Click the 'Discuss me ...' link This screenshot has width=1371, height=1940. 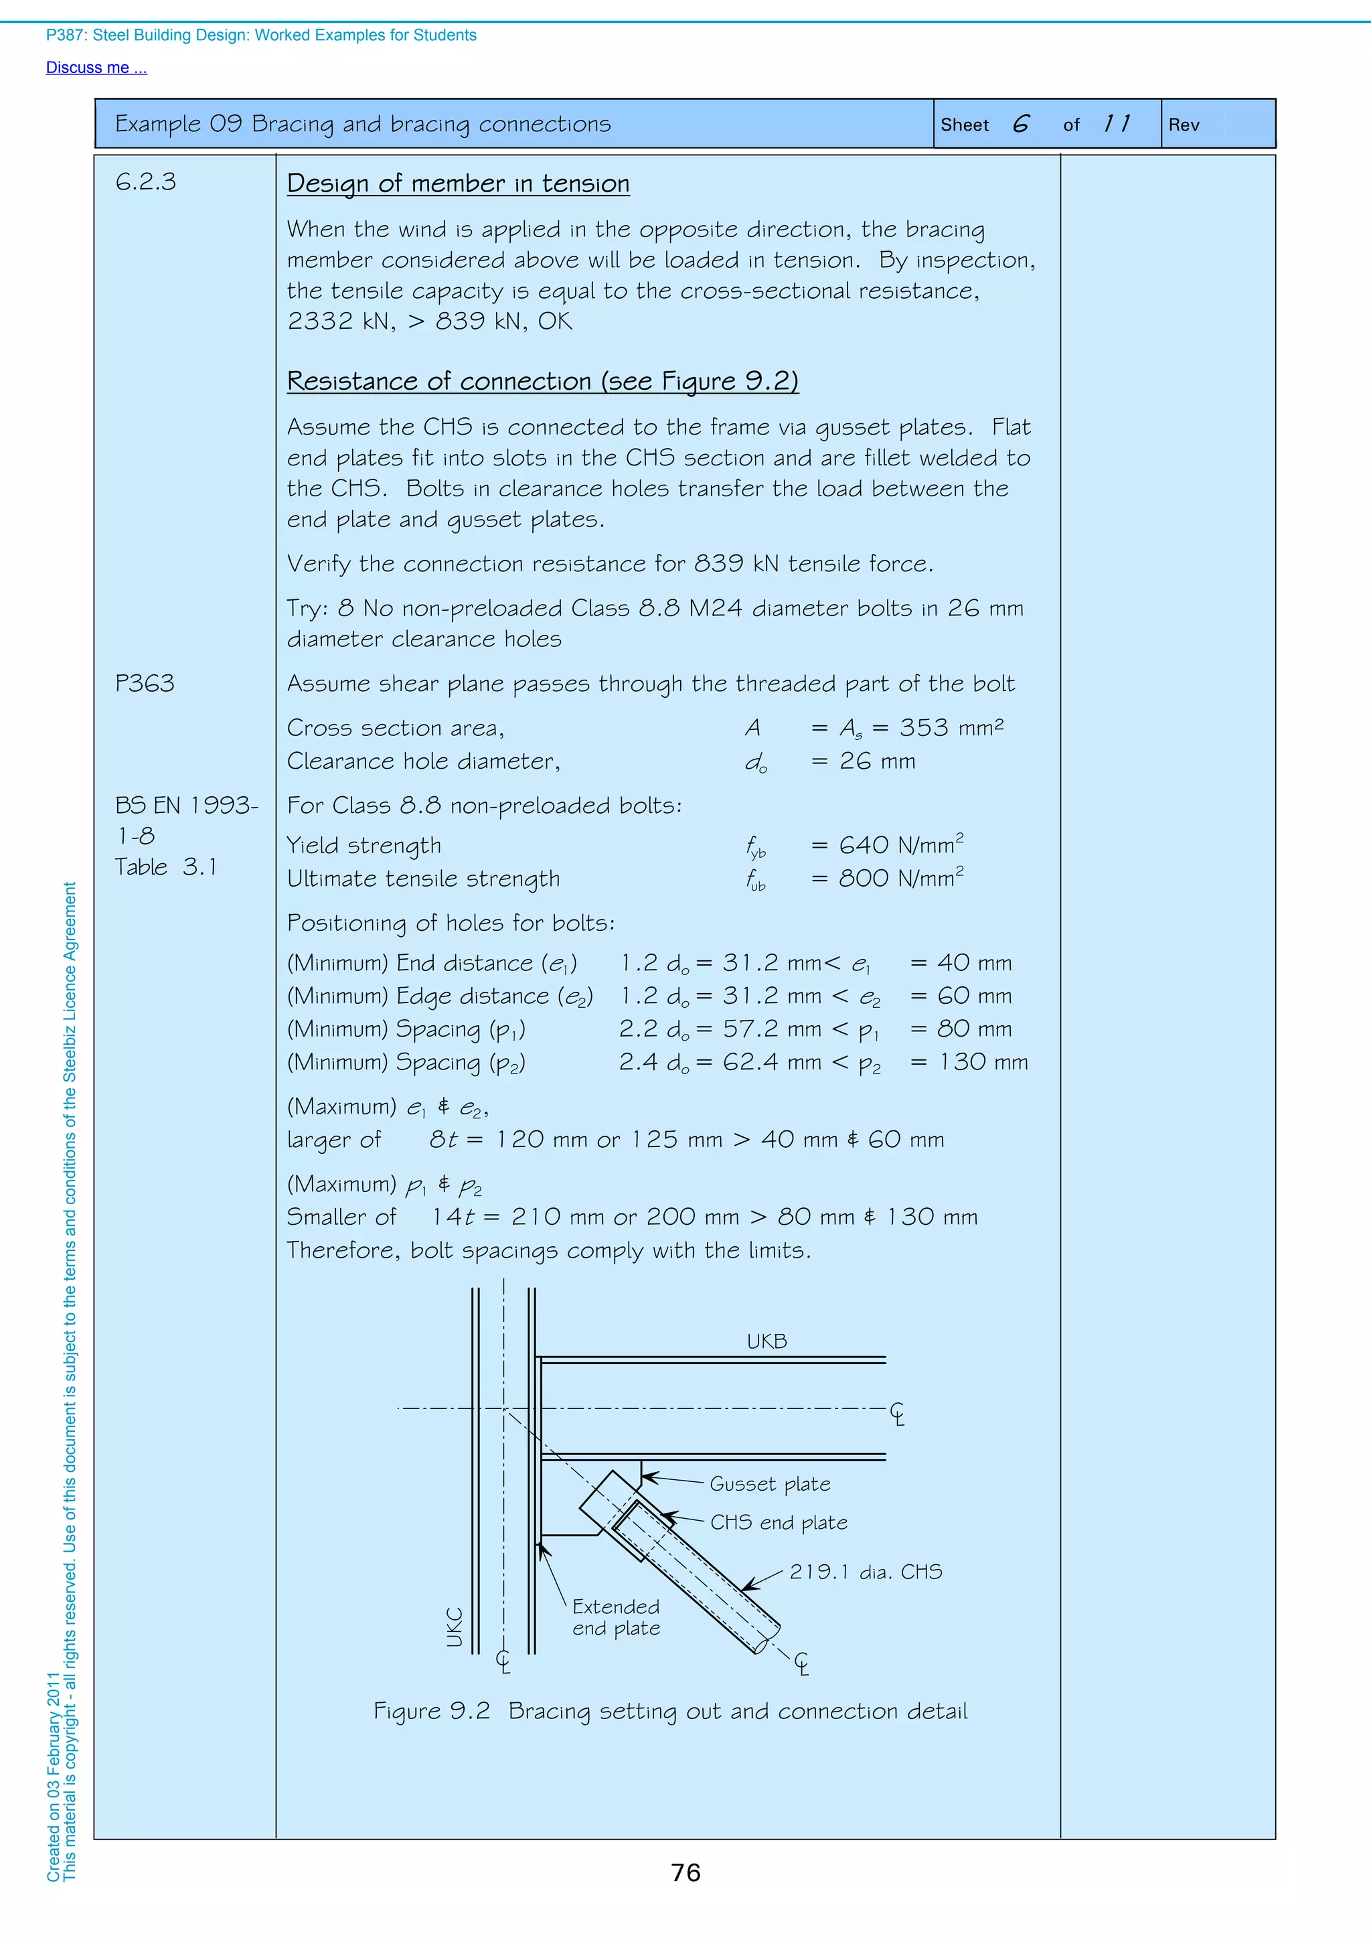[x=96, y=68]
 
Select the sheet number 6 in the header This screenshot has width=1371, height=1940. [x=1020, y=124]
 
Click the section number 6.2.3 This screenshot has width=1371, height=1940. [x=146, y=181]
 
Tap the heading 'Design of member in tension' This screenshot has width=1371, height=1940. [x=458, y=183]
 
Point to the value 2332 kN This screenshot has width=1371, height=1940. [x=341, y=321]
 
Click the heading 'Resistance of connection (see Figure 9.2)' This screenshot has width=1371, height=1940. [x=542, y=381]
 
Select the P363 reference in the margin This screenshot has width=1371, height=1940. [x=145, y=683]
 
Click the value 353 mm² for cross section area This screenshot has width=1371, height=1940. [x=951, y=727]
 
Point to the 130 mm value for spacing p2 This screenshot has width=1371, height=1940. [x=983, y=1062]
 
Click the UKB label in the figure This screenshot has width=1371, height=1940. [x=767, y=1342]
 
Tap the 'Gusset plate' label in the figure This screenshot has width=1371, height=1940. [x=770, y=1485]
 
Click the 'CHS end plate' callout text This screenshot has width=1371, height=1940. [x=778, y=1523]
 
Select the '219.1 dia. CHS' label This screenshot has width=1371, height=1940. [x=865, y=1572]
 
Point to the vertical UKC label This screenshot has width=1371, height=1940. [x=455, y=1627]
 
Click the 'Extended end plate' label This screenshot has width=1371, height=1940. [x=616, y=1617]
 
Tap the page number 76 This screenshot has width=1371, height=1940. [x=685, y=1873]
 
